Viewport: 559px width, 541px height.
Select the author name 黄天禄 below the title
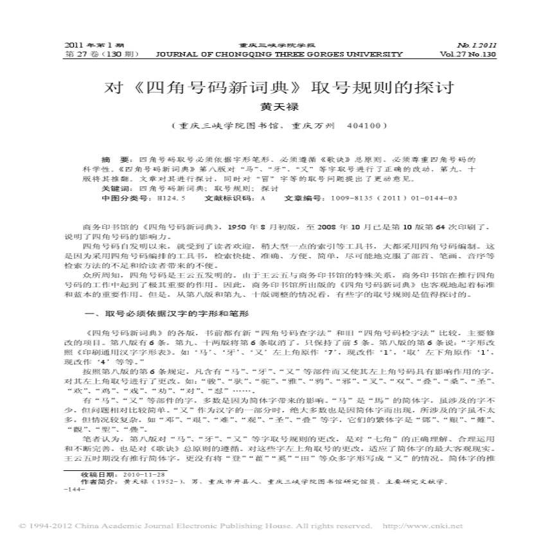pyautogui.click(x=279, y=108)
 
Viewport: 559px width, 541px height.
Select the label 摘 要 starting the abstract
pyautogui.click(x=111, y=158)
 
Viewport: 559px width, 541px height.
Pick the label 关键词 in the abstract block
pyautogui.click(x=116, y=189)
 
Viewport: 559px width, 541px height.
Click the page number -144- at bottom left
pyautogui.click(x=75, y=489)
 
